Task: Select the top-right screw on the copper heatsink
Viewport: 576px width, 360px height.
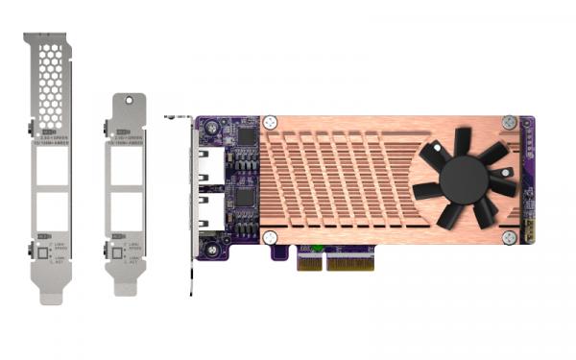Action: [x=509, y=122]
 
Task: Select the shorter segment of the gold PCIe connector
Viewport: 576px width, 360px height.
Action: [x=309, y=260]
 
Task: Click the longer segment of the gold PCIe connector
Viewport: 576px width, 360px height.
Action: [x=360, y=260]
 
